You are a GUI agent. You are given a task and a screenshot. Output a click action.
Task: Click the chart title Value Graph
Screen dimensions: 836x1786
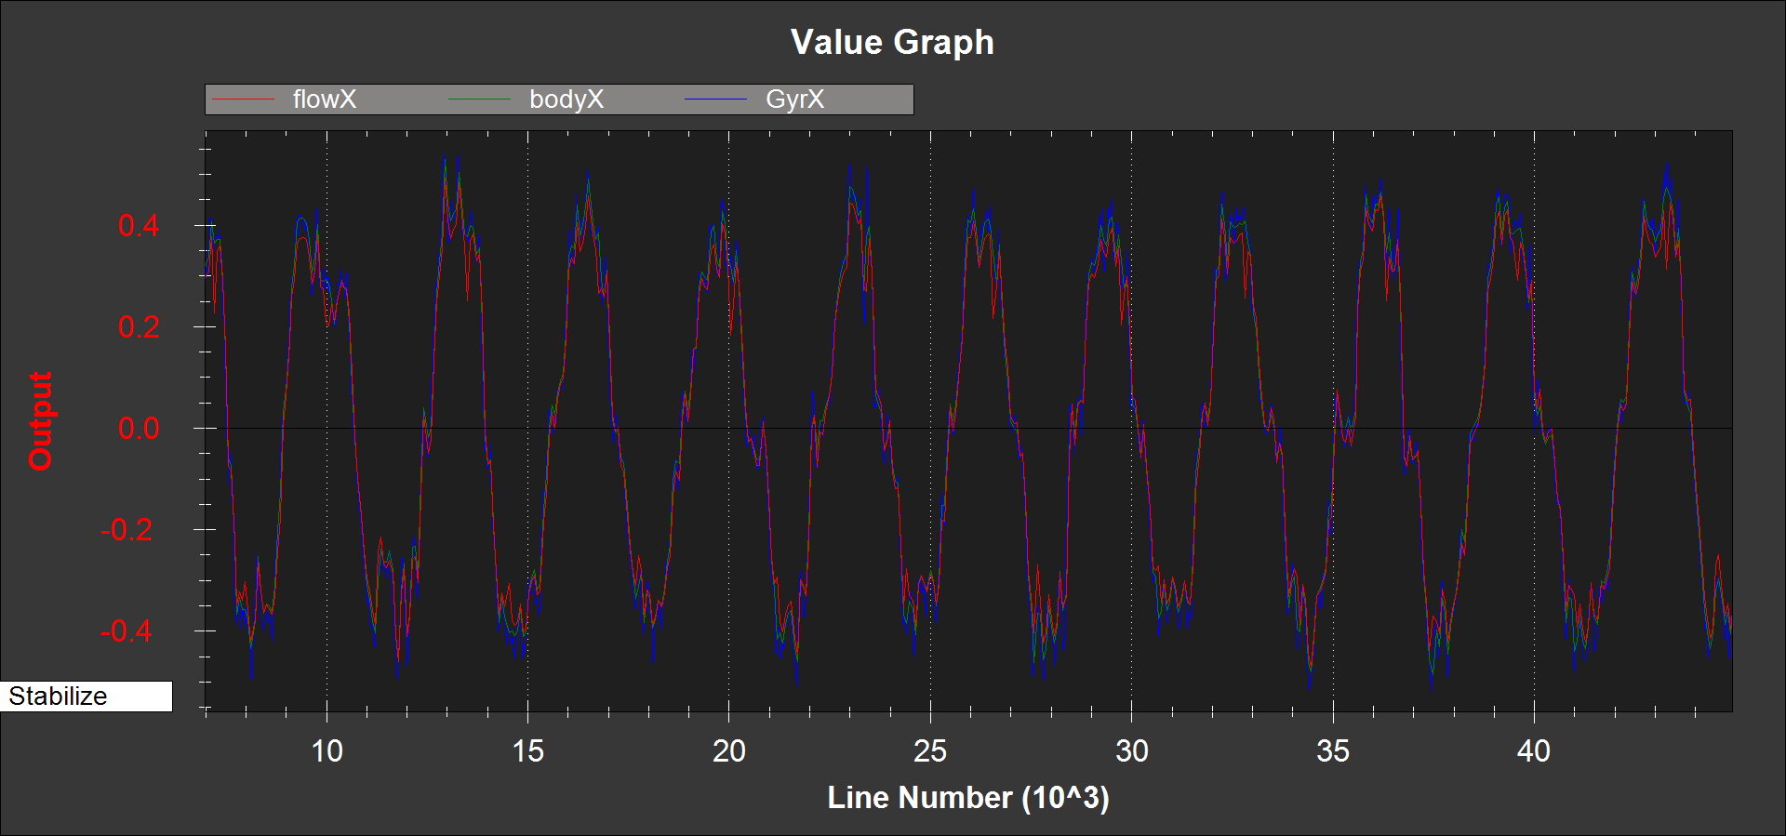coord(892,42)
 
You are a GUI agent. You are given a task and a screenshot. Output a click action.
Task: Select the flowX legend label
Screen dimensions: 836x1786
coord(324,100)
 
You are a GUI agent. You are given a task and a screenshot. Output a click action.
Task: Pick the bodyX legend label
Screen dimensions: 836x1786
coord(566,100)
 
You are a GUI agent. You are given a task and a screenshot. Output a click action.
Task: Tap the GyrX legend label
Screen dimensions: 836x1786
coord(794,100)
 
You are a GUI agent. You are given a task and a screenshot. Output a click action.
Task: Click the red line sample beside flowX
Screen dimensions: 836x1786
coord(244,100)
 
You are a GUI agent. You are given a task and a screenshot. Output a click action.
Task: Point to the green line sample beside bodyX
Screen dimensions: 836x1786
coord(480,100)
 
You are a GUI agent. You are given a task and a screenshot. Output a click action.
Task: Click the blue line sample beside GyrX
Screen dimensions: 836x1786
coord(715,100)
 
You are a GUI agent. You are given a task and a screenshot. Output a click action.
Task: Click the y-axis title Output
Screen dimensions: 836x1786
coord(40,421)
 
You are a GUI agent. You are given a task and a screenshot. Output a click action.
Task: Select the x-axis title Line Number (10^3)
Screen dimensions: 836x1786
coord(968,798)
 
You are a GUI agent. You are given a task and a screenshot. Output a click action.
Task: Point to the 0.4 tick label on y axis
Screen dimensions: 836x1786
coord(138,225)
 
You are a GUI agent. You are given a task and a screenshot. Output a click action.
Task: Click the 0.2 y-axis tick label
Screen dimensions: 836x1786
coord(138,326)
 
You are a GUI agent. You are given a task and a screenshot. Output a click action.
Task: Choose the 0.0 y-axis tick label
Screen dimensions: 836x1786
coord(138,429)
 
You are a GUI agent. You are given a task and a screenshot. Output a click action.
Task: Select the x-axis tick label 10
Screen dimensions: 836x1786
coord(327,751)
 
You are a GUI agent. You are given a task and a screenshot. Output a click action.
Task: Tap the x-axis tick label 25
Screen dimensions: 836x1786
coord(930,751)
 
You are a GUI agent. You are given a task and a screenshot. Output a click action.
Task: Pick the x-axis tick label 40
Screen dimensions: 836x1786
coord(1534,751)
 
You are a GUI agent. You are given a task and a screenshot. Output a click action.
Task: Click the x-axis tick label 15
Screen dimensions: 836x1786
coord(527,751)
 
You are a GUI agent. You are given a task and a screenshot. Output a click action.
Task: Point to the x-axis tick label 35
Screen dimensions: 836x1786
coord(1333,751)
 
